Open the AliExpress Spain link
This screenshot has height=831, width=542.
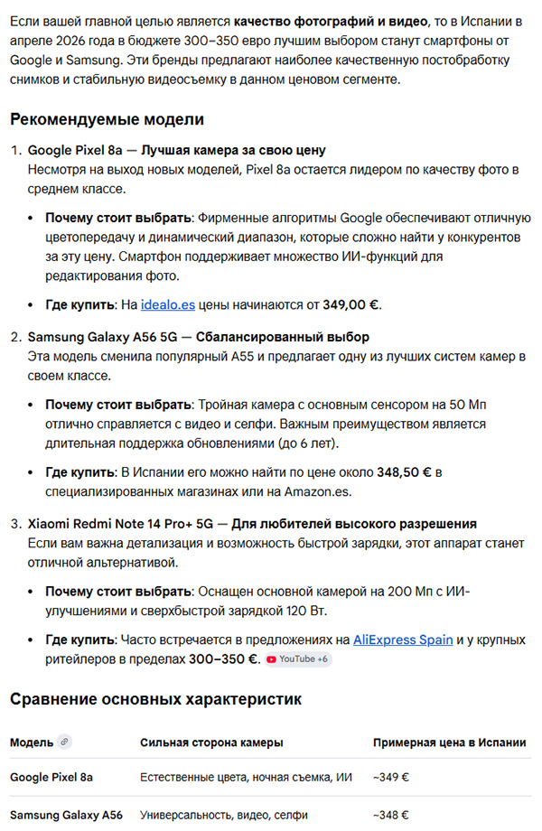pyautogui.click(x=403, y=640)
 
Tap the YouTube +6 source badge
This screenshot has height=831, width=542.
pyautogui.click(x=297, y=659)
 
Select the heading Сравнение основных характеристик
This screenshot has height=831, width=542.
pyautogui.click(x=155, y=698)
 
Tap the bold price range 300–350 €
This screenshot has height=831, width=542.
pyautogui.click(x=223, y=659)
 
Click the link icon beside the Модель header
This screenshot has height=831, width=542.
pyautogui.click(x=63, y=742)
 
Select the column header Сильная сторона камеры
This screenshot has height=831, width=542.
pyautogui.click(x=211, y=742)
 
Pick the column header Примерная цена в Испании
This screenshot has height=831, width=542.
pyautogui.click(x=449, y=742)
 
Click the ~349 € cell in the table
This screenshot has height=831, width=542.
pyautogui.click(x=390, y=777)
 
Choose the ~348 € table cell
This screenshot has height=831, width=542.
pyautogui.click(x=390, y=815)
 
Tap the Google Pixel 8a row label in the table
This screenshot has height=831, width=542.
pyautogui.click(x=51, y=777)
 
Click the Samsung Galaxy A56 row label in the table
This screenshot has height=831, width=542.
pyautogui.click(x=66, y=815)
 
